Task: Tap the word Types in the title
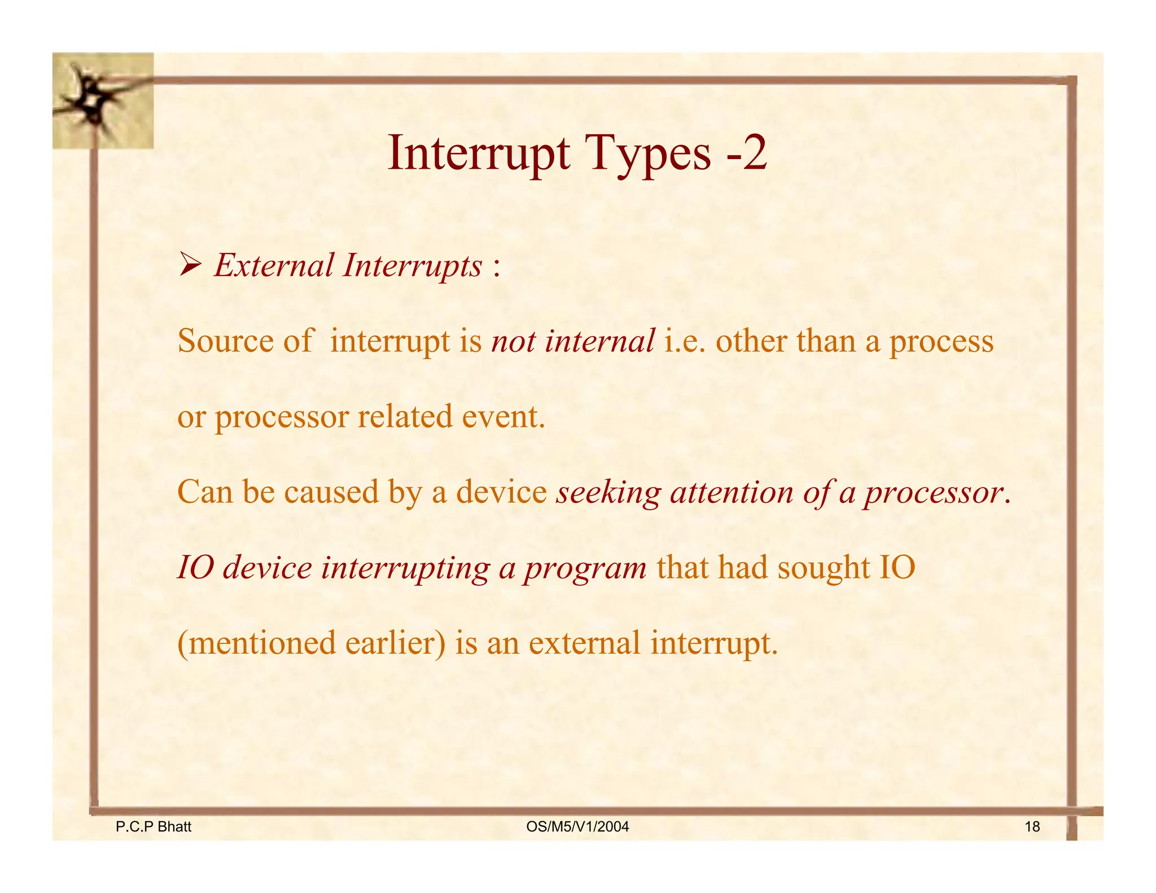point(649,154)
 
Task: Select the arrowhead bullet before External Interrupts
point(190,265)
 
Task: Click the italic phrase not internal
point(572,341)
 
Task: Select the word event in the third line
point(503,417)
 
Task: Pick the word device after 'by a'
point(501,492)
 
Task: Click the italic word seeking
point(608,493)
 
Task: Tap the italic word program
point(585,568)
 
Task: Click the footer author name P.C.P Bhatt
point(154,827)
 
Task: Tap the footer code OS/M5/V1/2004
point(577,827)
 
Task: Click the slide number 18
point(1032,827)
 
